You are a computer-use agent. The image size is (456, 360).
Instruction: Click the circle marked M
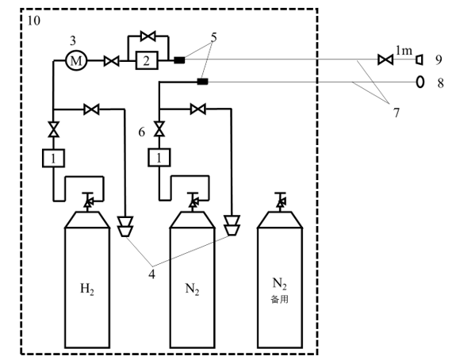click(77, 60)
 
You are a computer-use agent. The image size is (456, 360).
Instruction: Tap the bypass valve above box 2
click(146, 36)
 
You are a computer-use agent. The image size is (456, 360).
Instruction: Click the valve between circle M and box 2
click(112, 60)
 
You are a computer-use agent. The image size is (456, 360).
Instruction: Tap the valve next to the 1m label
click(385, 60)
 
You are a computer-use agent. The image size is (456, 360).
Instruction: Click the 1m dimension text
click(404, 51)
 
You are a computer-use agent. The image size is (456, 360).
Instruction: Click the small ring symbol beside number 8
click(420, 82)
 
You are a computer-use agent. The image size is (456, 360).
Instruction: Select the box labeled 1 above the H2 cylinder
click(52, 159)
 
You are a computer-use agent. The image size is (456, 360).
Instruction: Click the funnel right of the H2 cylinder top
click(125, 228)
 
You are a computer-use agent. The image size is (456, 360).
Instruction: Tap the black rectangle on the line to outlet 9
click(179, 60)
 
